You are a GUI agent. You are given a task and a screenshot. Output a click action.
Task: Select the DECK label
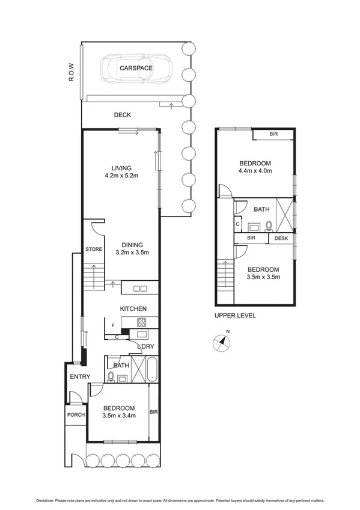coord(123,115)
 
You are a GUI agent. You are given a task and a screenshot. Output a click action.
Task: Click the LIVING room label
coord(121,168)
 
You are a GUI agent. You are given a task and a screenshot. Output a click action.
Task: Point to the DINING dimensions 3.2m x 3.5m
coord(132,253)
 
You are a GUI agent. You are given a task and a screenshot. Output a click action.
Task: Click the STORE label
coord(94,249)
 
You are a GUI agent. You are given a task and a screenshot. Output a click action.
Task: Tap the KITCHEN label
coord(133,309)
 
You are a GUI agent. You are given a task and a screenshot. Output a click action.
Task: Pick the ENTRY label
coord(79,377)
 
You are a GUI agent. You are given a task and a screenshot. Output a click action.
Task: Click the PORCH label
coord(76,415)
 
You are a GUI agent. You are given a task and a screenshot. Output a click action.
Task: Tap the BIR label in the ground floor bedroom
coord(154,412)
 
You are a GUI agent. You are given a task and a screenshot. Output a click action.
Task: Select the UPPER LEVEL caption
coord(235,315)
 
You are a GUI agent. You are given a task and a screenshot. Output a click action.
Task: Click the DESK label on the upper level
coord(281,239)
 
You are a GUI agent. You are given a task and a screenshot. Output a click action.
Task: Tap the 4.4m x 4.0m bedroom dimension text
coord(255,171)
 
